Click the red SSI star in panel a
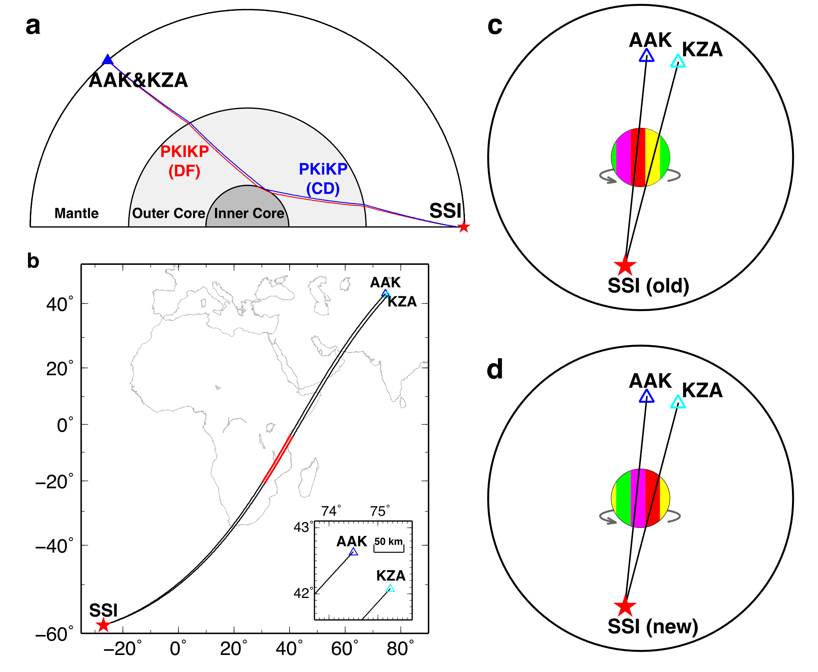pos(463,226)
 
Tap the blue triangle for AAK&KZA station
pos(108,60)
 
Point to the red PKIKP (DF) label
pos(185,161)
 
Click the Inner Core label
pos(249,213)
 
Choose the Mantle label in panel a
pos(77,213)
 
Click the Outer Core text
pos(168,213)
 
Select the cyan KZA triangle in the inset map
pos(390,588)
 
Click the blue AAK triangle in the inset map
pos(353,552)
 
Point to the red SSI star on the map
pos(103,625)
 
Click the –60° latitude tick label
pos(54,635)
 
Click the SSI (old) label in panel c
pos(648,286)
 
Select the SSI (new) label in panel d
pos(653,626)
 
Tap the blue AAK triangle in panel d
pos(647,397)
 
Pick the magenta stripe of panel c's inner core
pos(623,157)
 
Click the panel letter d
pos(495,369)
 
